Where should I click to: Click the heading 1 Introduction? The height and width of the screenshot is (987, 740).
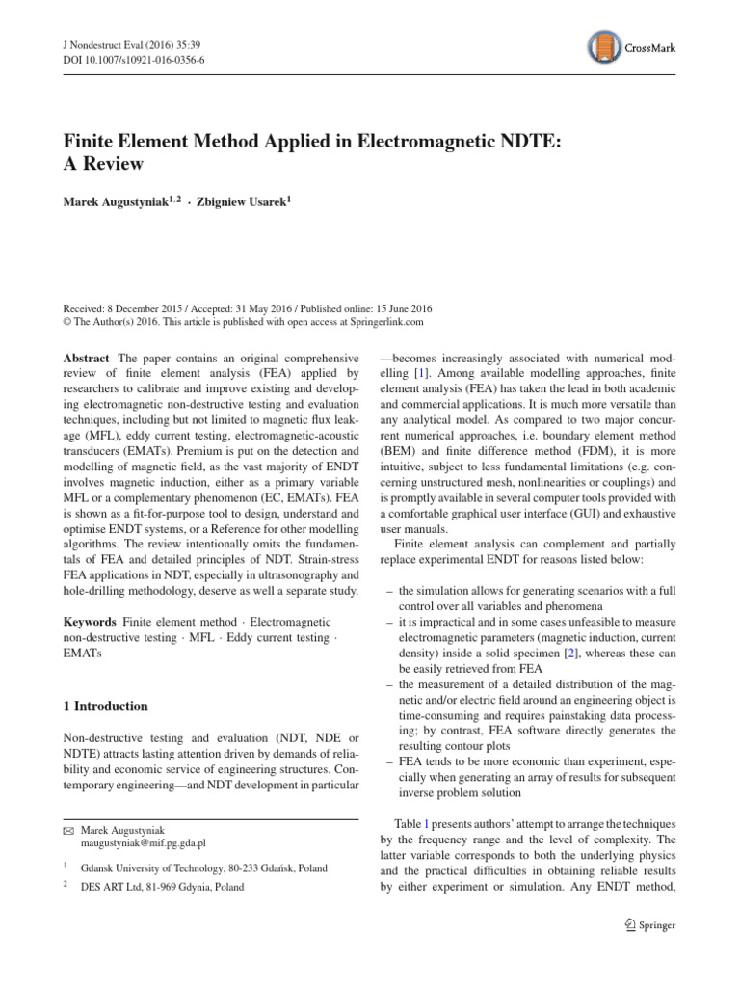[106, 706]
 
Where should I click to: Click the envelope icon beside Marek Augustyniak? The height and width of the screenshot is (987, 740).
[69, 829]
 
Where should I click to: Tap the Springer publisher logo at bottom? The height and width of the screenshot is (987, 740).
[651, 925]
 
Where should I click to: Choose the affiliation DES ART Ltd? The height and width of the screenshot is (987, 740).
[115, 888]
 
